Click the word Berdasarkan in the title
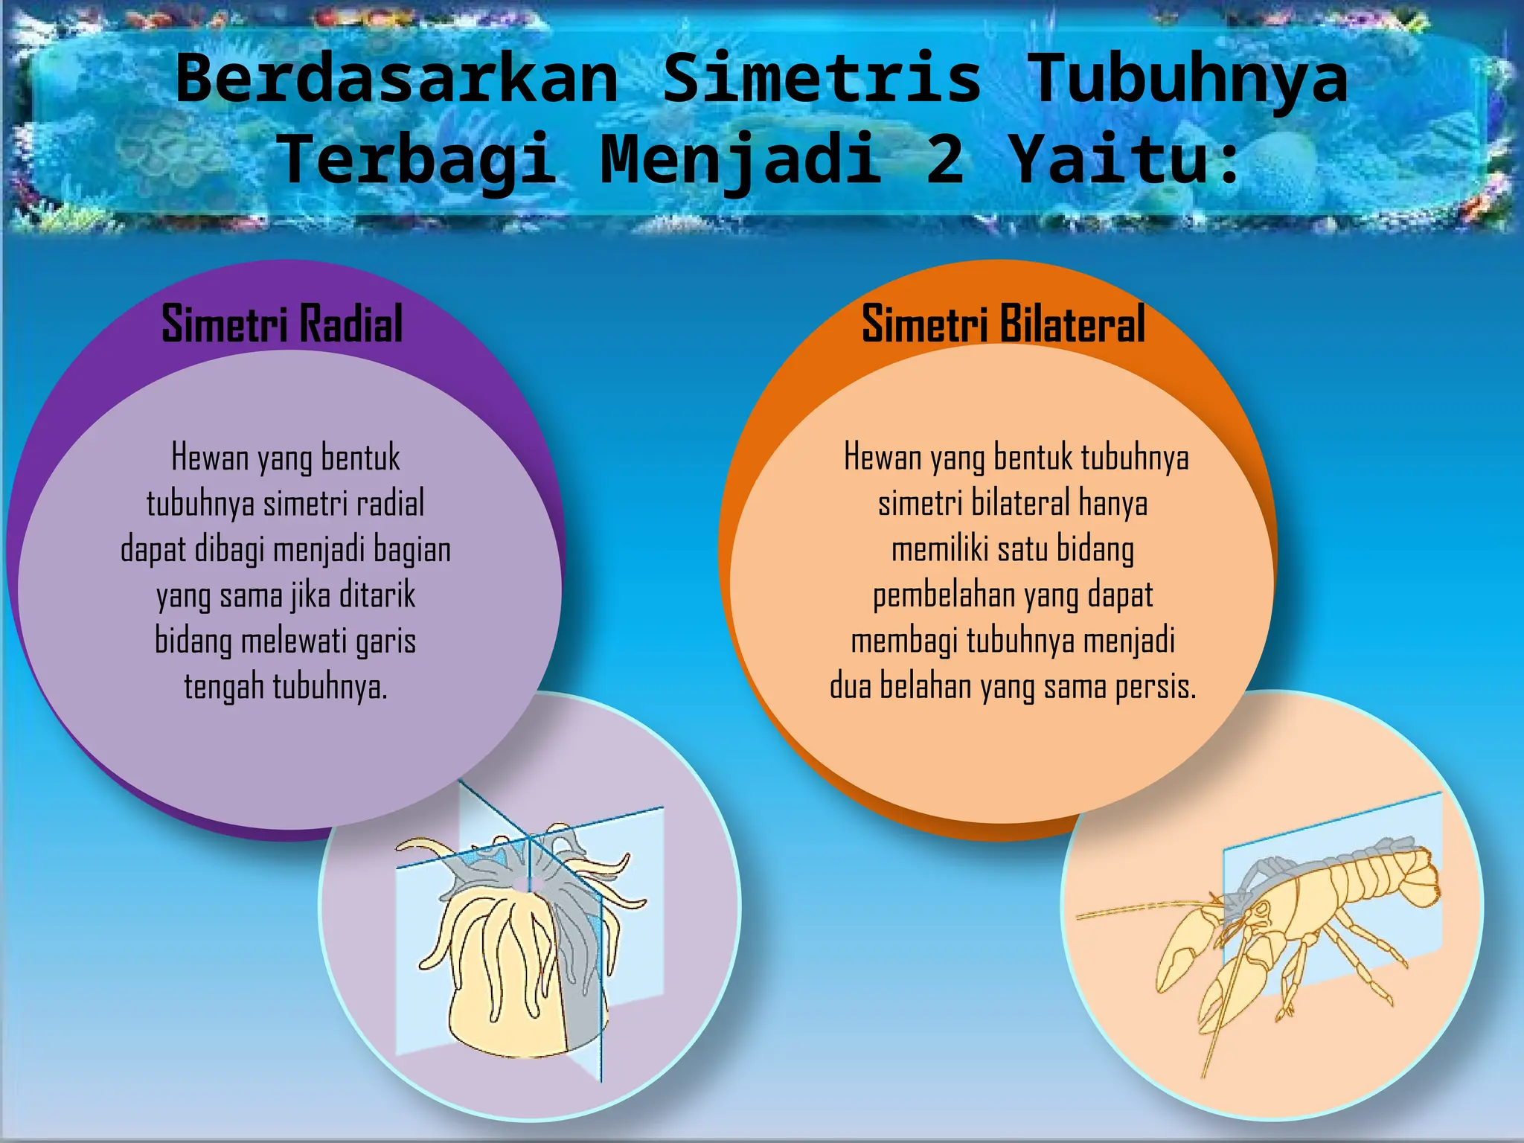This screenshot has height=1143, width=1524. click(x=397, y=78)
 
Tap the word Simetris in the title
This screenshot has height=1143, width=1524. click(x=822, y=78)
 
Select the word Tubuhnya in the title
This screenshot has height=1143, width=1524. click(x=1188, y=78)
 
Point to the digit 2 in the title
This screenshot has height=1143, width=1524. click(x=945, y=159)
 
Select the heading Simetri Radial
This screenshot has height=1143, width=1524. click(x=282, y=324)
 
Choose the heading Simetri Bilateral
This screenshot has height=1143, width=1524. click(x=1003, y=324)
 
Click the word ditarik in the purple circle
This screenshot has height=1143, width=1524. click(x=377, y=595)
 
